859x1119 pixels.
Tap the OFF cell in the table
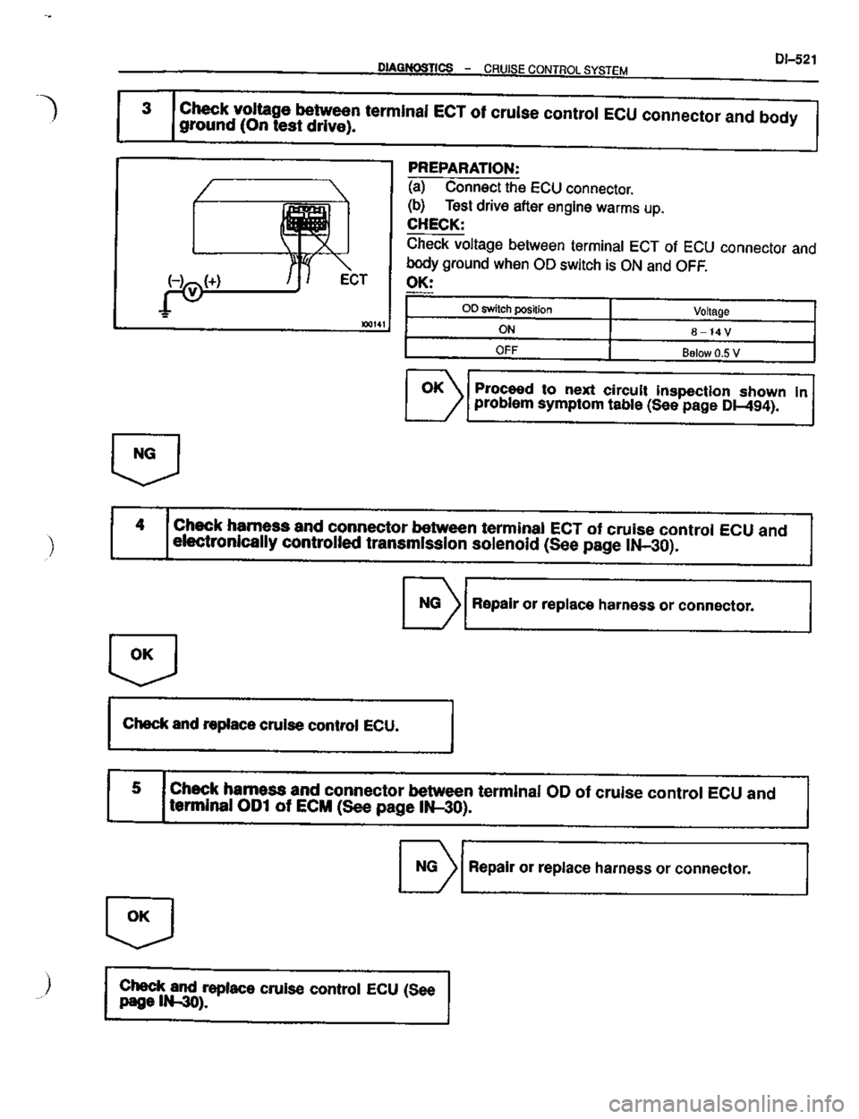click(507, 349)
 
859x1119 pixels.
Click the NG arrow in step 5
click(426, 867)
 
